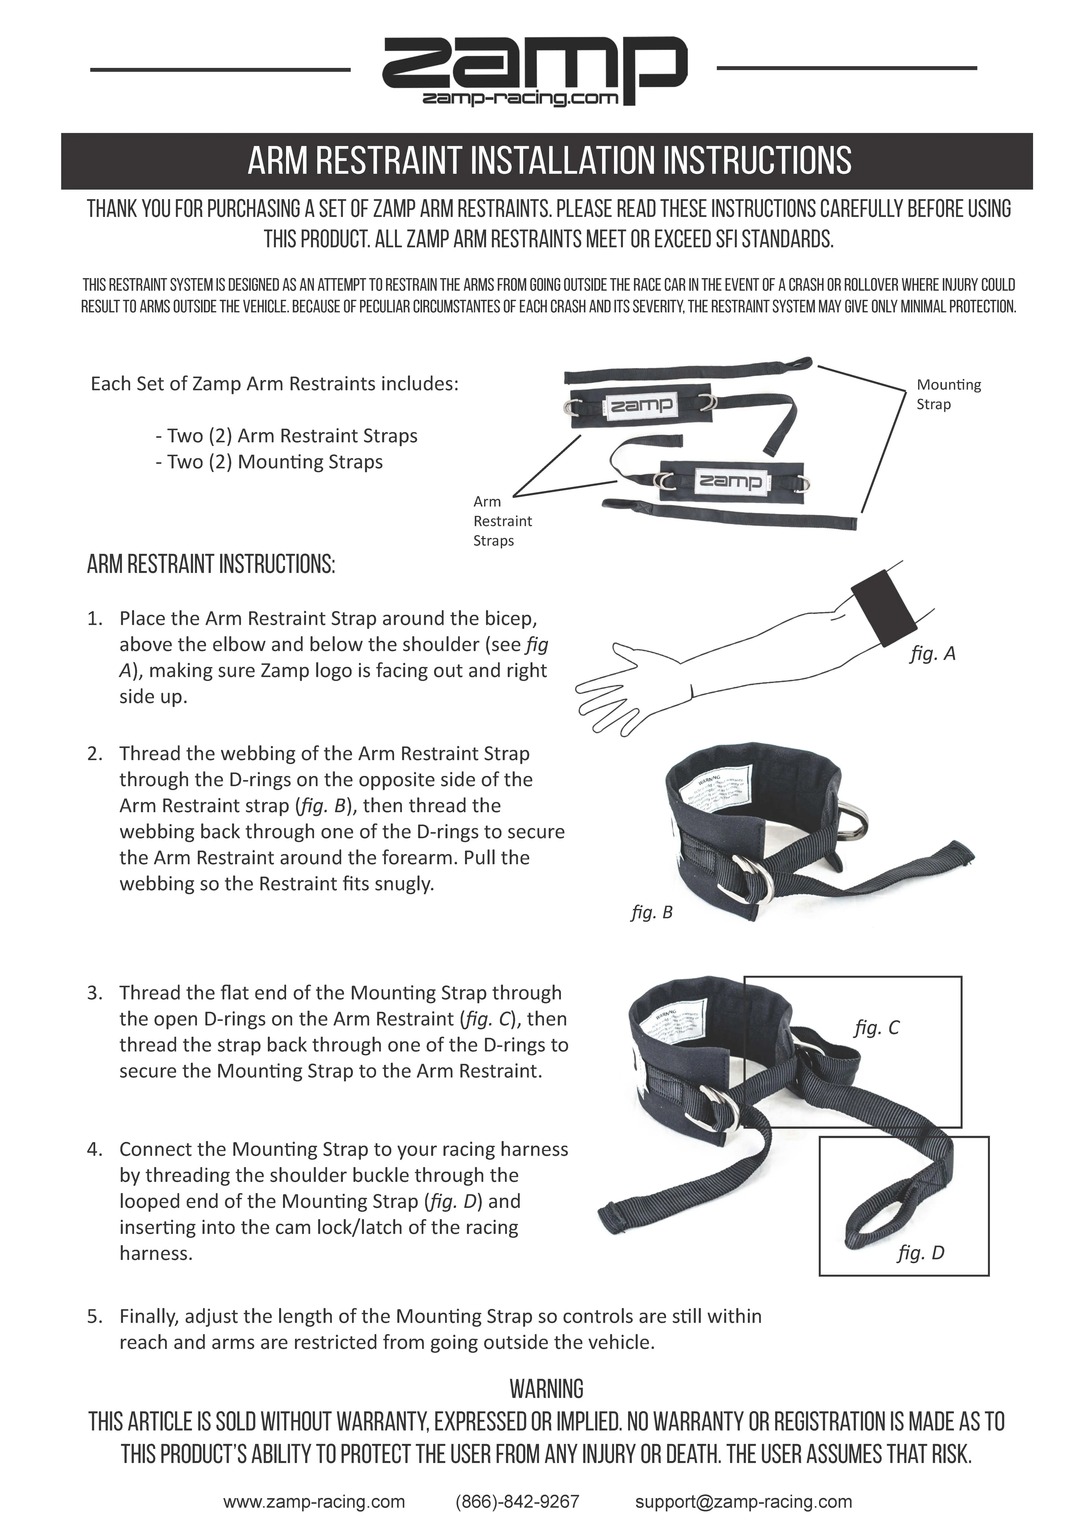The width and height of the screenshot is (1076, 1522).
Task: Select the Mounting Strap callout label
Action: [x=948, y=394]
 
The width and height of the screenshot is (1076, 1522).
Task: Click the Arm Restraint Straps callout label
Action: [x=502, y=521]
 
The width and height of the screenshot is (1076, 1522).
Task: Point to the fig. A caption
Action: [x=932, y=654]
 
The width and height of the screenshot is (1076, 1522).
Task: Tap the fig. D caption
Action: [x=920, y=1253]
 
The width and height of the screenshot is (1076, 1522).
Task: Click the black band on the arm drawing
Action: [x=884, y=607]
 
